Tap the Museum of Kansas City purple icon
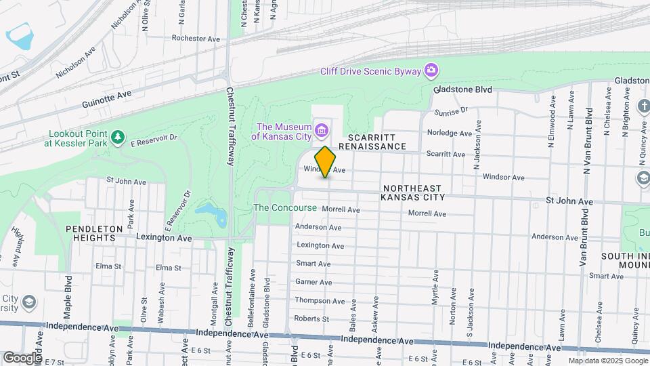pos(322,129)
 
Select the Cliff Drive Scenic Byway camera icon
pos(431,70)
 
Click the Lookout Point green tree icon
pos(118,138)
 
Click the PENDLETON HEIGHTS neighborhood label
pos(95,235)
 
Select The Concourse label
pos(284,208)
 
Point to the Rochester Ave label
pos(196,39)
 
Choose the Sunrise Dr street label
pos(452,110)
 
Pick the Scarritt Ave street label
pos(446,155)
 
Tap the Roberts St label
pos(311,319)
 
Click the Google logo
pos(22,357)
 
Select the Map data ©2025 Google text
pos(607,361)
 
